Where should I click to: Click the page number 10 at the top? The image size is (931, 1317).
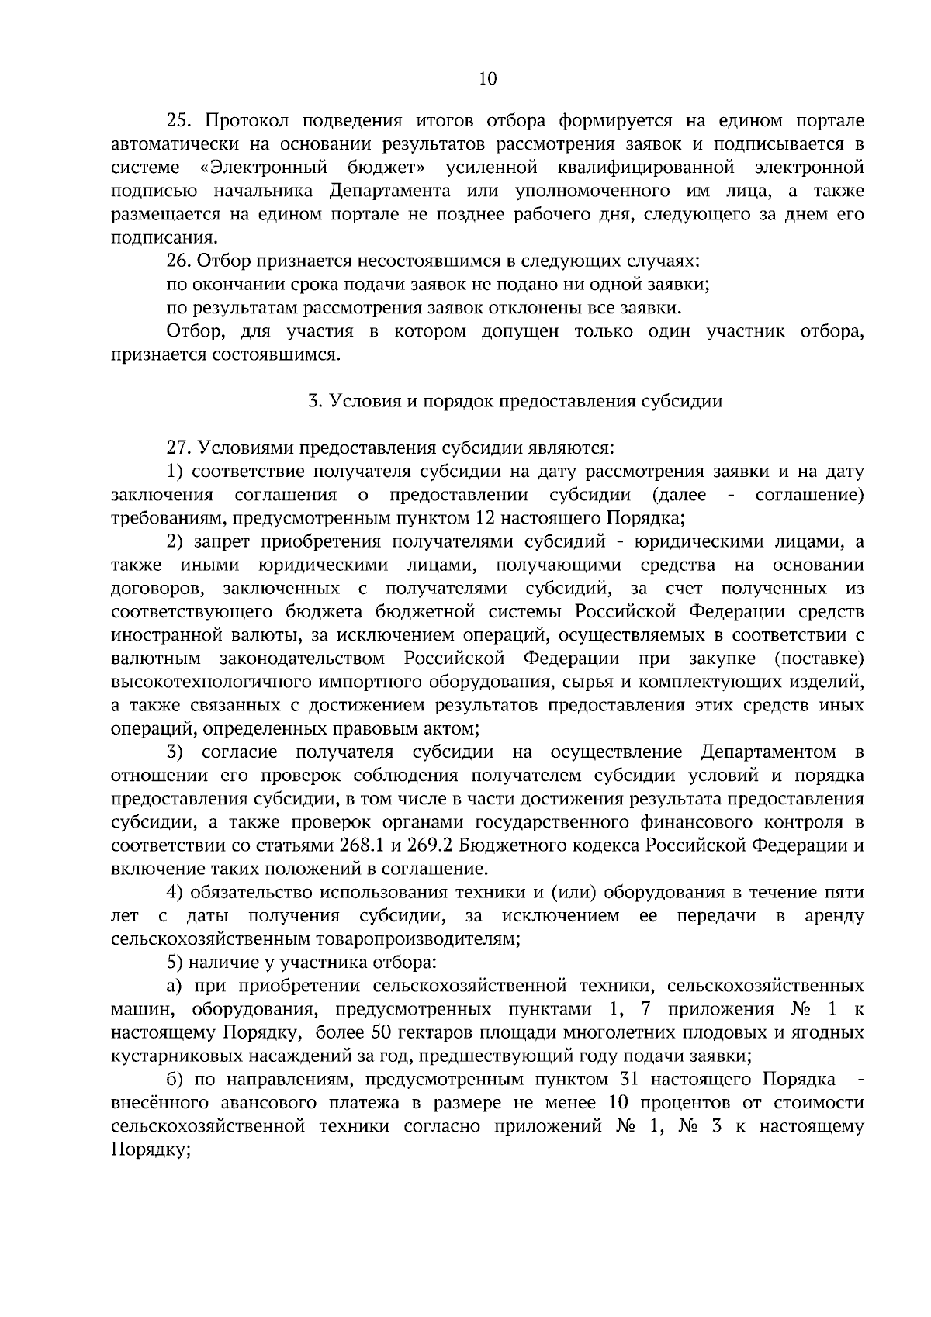[488, 79]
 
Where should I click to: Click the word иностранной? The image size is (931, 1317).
[158, 635]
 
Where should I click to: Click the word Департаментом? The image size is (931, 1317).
[769, 752]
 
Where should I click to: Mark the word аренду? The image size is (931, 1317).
[834, 916]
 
